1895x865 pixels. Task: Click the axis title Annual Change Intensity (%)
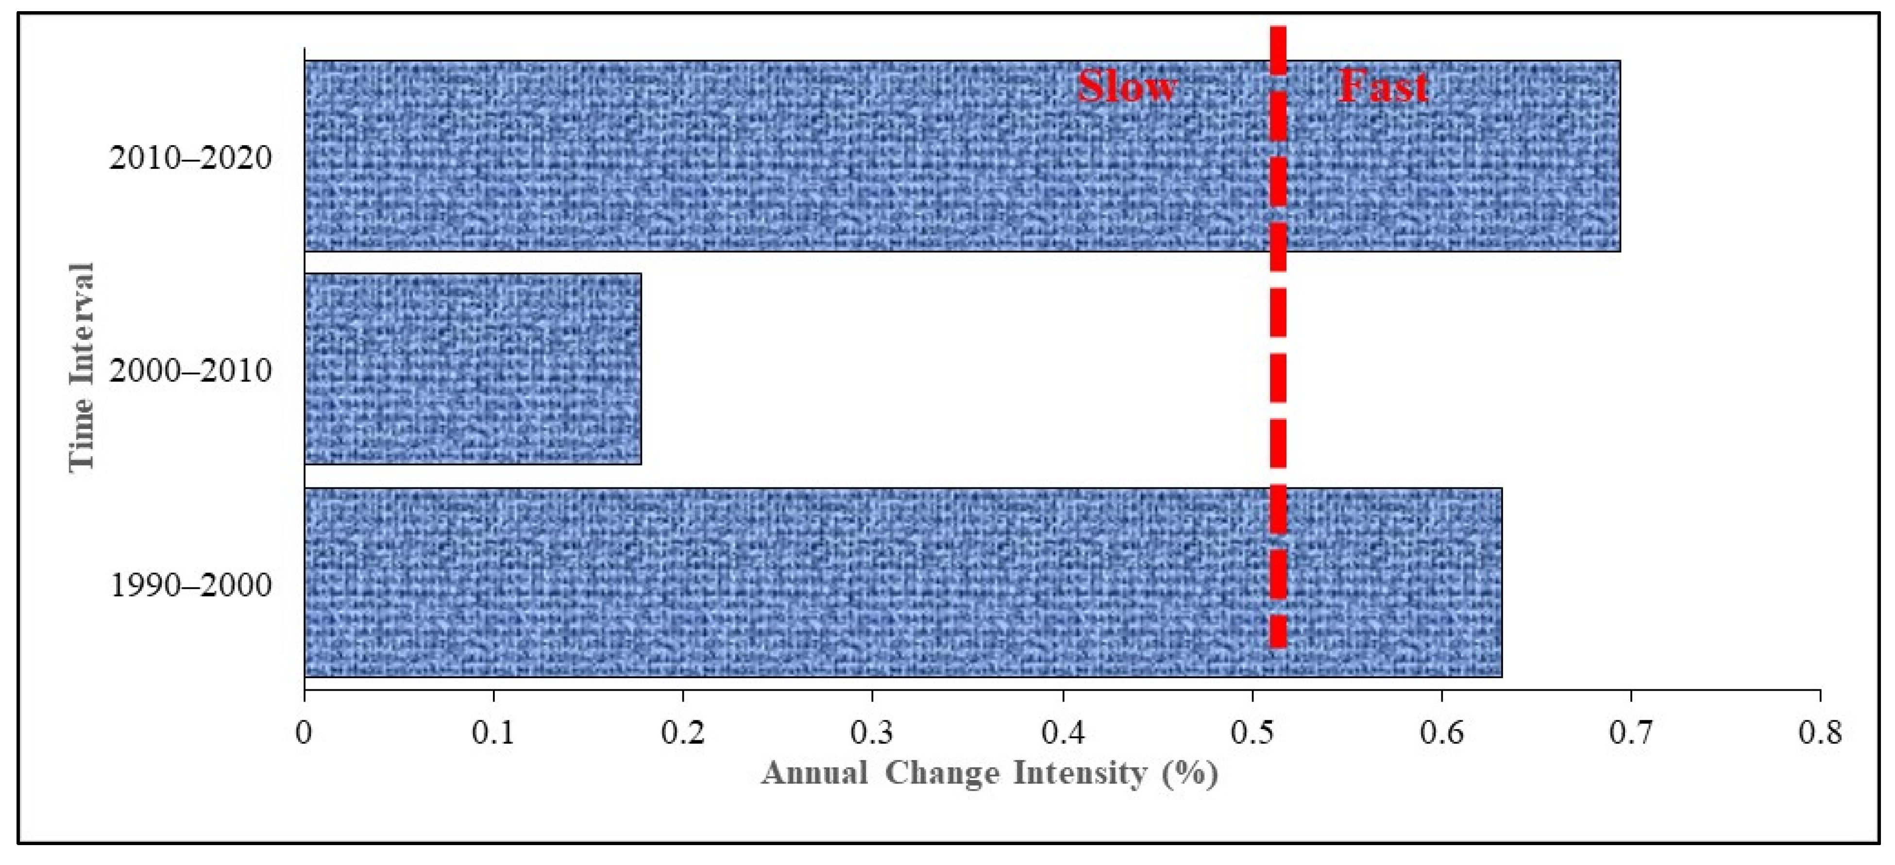point(989,774)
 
